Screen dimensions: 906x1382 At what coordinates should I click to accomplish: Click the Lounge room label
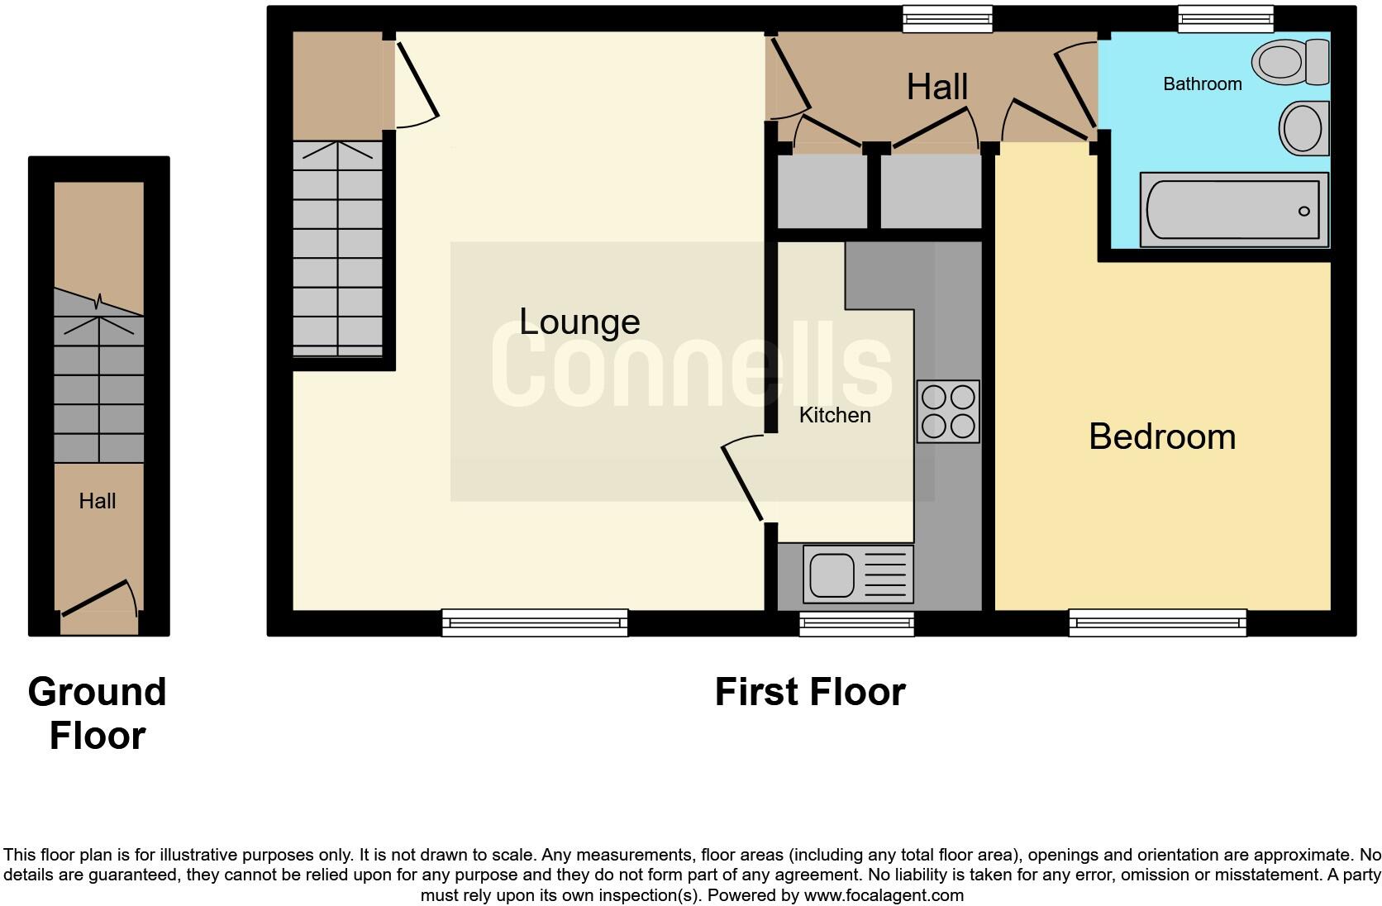coord(579,322)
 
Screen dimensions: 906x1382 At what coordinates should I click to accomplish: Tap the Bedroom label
coord(1161,436)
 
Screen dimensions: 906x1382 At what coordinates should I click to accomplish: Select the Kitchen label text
coord(834,415)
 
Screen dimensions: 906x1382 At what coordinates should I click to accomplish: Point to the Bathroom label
coord(1202,83)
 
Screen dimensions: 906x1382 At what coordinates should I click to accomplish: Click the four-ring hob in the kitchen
coord(948,412)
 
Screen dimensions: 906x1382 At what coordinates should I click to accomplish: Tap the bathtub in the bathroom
coord(1232,210)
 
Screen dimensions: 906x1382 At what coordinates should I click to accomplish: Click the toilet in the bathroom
coord(1289,61)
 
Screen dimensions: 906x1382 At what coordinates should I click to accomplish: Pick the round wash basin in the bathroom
coord(1303,129)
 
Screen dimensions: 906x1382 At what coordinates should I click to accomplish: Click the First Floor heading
coord(809,692)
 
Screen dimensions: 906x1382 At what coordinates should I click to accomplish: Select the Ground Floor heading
coord(98,713)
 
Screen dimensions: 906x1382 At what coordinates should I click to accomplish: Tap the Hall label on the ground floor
coord(98,501)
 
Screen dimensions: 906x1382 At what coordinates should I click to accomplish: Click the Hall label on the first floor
coord(936,87)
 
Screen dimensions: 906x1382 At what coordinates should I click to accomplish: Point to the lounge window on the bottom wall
coord(535,622)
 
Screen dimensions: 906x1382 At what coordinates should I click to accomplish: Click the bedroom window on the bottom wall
coord(1157,622)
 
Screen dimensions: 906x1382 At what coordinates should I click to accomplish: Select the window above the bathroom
coord(1225,18)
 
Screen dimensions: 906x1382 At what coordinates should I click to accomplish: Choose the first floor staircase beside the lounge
coord(337,248)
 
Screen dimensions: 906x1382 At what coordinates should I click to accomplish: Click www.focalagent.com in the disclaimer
coord(883,895)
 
